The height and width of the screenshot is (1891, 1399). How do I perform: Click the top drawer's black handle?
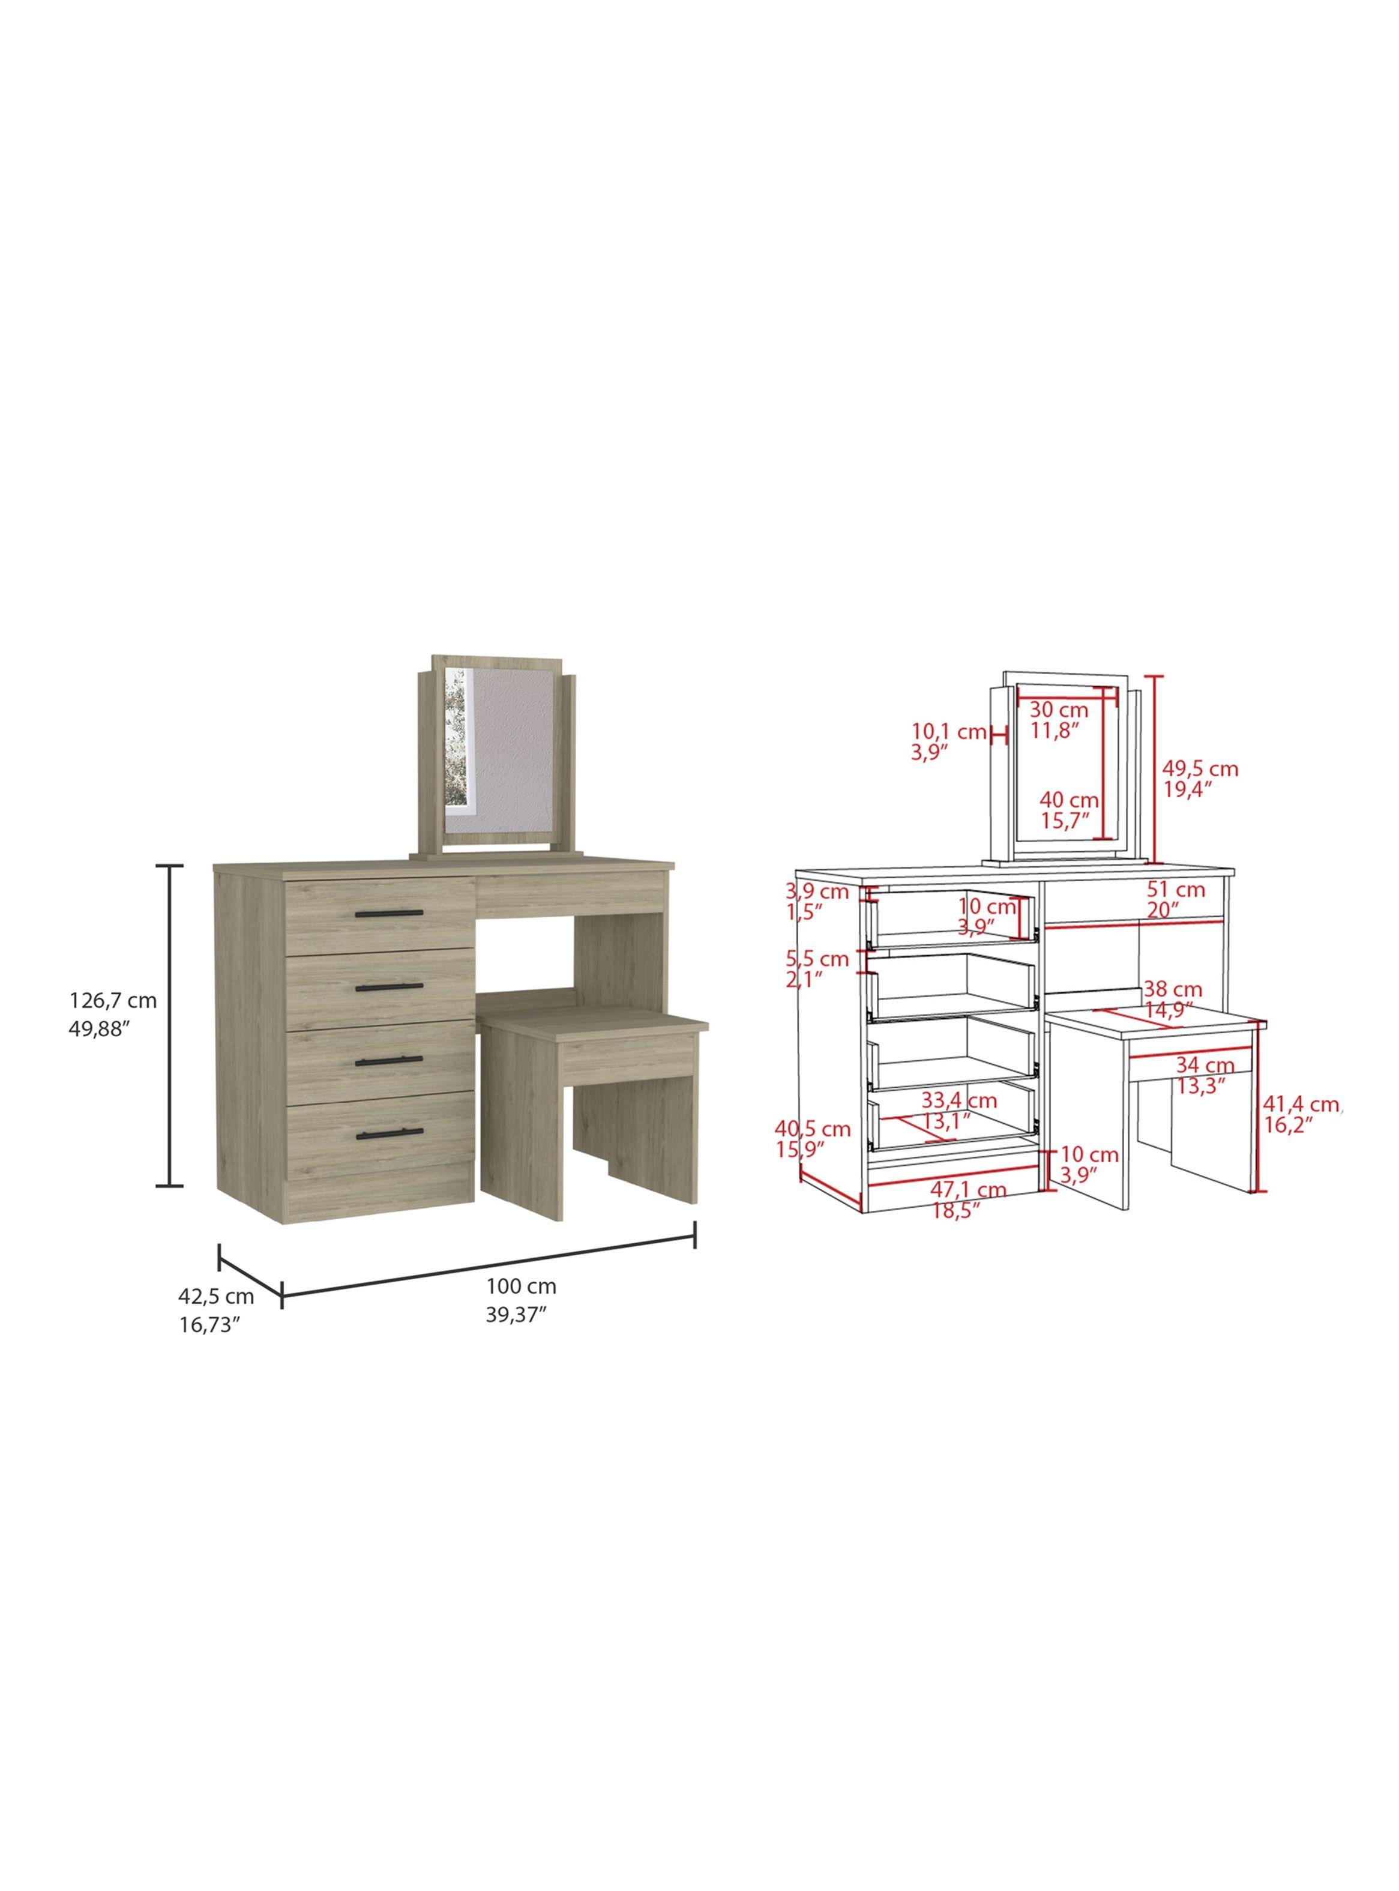389,913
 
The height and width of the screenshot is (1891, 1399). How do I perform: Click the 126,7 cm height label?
113,1000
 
